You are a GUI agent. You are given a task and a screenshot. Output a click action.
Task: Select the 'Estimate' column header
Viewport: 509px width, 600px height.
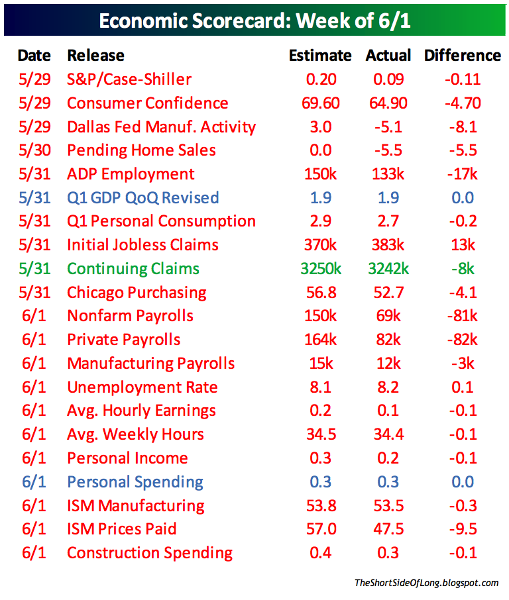[x=320, y=56]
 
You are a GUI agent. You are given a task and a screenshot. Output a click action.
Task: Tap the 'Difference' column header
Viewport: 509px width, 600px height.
[x=462, y=56]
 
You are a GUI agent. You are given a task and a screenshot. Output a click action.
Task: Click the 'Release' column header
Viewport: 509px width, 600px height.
[x=96, y=56]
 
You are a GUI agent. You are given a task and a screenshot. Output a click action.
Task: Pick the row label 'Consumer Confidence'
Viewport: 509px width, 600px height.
[x=147, y=103]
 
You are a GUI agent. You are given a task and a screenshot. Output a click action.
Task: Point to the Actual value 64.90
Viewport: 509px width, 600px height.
[x=388, y=103]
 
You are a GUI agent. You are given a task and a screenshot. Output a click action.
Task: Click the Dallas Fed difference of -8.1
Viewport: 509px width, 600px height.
[x=462, y=127]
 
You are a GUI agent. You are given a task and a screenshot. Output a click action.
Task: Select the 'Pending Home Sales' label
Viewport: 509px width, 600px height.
[x=141, y=150]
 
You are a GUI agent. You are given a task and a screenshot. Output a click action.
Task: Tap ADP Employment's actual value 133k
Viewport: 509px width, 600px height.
[x=388, y=174]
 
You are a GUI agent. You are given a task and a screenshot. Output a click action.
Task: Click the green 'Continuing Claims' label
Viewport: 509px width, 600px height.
[x=133, y=269]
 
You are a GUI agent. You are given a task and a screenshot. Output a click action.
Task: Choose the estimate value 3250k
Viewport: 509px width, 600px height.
[x=320, y=269]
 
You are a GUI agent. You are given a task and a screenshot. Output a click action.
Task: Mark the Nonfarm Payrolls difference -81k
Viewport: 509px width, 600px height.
[x=462, y=316]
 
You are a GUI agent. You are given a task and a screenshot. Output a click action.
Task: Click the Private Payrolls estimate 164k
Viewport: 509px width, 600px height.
[x=320, y=340]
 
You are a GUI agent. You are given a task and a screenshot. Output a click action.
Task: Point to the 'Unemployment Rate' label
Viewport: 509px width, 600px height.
[x=142, y=387]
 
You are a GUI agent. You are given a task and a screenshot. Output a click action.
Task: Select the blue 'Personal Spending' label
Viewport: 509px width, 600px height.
[x=135, y=482]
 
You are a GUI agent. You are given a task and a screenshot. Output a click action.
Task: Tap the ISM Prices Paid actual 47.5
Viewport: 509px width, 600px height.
[x=388, y=529]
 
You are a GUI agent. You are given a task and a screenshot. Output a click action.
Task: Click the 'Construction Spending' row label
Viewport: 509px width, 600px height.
[x=150, y=553]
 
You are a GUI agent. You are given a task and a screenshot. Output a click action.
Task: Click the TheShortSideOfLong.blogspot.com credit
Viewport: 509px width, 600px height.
[x=426, y=583]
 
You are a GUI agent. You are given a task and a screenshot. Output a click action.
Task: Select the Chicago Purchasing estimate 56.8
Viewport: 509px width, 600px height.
[x=320, y=293]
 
